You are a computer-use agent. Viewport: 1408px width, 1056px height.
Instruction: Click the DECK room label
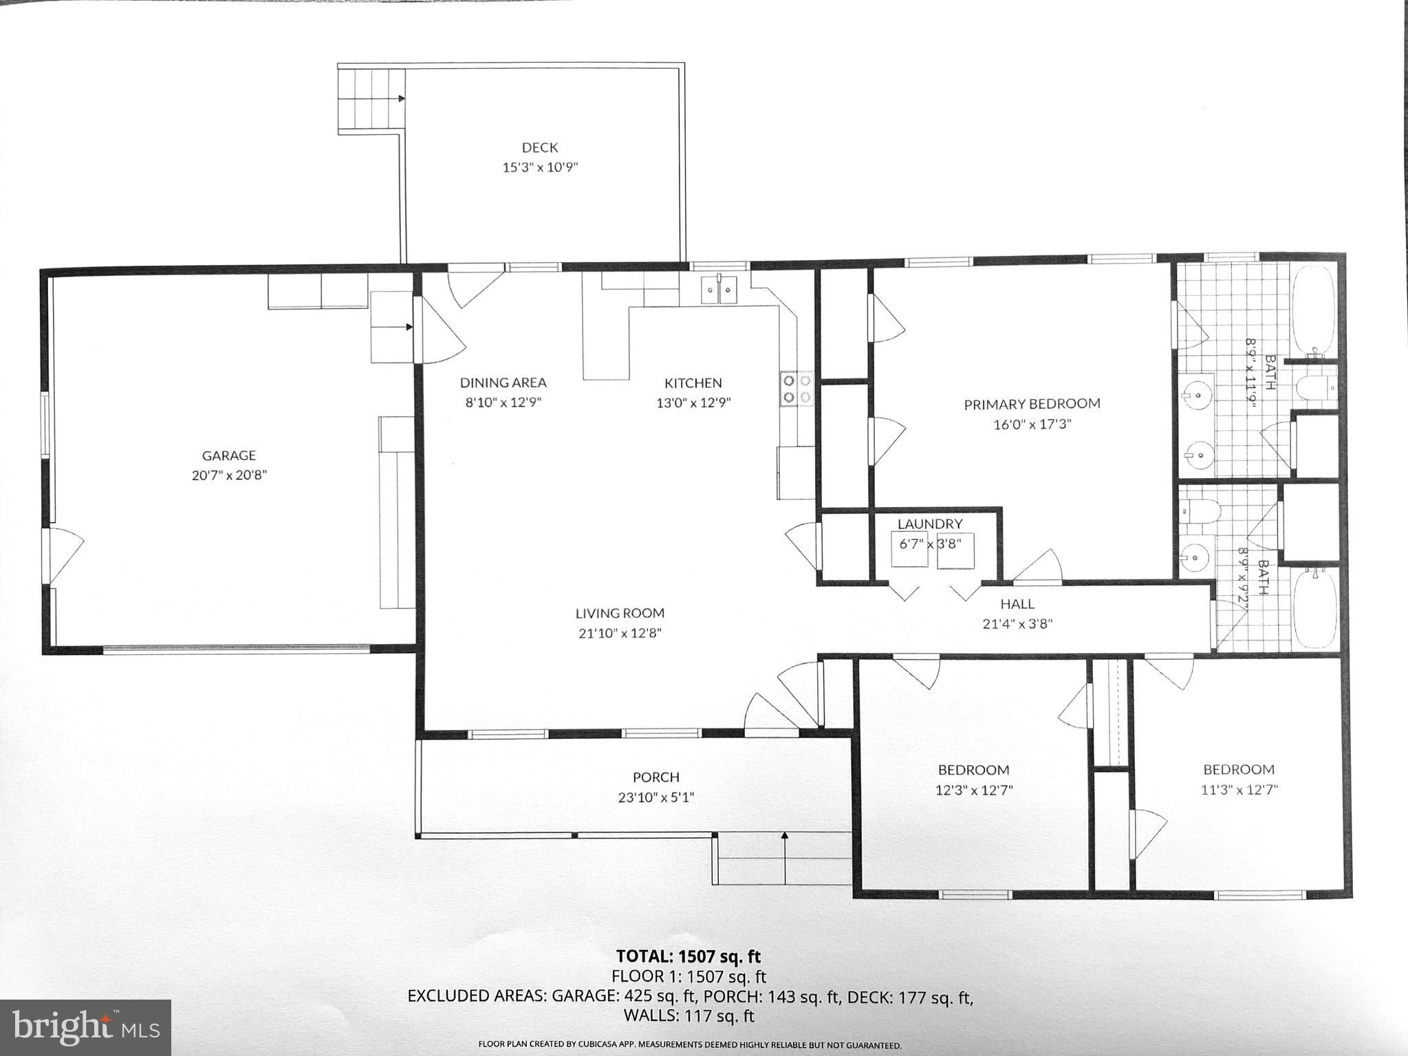pyautogui.click(x=540, y=147)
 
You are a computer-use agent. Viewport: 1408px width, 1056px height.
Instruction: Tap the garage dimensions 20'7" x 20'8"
pyautogui.click(x=229, y=475)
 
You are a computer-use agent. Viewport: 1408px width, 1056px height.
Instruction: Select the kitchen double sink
pyautogui.click(x=718, y=290)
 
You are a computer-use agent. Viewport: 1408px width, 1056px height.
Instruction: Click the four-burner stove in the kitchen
pyautogui.click(x=797, y=389)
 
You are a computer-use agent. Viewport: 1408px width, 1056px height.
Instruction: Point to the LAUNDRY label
pyautogui.click(x=930, y=524)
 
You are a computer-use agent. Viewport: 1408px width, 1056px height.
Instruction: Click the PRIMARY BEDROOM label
pyautogui.click(x=1032, y=404)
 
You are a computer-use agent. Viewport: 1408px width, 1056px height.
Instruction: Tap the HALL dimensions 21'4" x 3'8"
pyautogui.click(x=1017, y=624)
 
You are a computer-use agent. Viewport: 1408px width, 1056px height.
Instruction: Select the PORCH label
pyautogui.click(x=656, y=777)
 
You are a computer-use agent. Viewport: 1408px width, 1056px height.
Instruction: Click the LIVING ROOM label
pyautogui.click(x=620, y=613)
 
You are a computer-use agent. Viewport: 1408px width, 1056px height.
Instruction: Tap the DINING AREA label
pyautogui.click(x=503, y=382)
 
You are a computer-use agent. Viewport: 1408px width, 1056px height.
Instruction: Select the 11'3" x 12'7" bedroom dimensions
pyautogui.click(x=1239, y=790)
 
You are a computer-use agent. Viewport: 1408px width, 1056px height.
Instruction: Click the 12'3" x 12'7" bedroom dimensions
pyautogui.click(x=974, y=790)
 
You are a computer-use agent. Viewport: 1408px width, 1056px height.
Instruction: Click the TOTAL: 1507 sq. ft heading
pyautogui.click(x=689, y=956)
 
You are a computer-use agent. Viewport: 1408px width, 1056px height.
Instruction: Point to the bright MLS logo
pyautogui.click(x=85, y=1028)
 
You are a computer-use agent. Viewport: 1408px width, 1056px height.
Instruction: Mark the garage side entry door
pyautogui.click(x=62, y=556)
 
